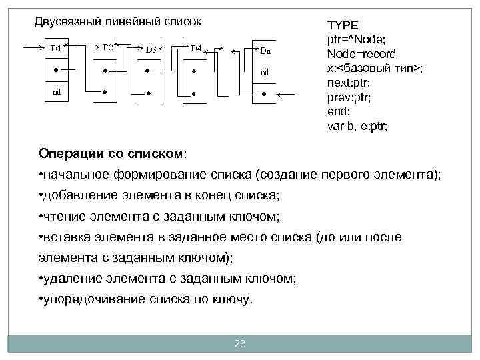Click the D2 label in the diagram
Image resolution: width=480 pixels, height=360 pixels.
coord(107,47)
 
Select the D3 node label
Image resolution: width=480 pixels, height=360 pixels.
coord(151,49)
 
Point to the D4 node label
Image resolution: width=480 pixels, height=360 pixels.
coord(197,47)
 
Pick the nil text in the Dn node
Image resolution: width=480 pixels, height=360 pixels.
coord(265,71)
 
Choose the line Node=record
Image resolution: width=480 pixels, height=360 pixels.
coord(361,54)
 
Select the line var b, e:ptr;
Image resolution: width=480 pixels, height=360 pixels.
coord(357,126)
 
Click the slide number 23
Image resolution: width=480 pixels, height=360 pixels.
coord(240,344)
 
